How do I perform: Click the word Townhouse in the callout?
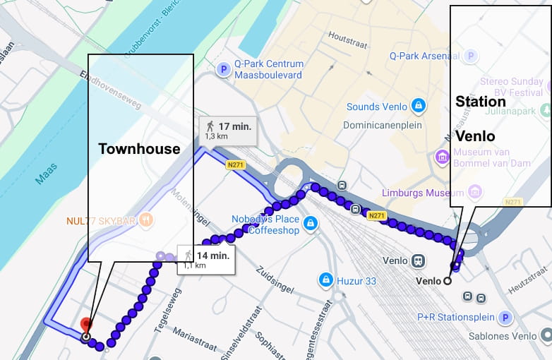(140, 148)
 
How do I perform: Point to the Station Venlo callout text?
(481, 118)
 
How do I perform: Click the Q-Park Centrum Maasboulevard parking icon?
(224, 69)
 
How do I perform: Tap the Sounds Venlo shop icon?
(419, 107)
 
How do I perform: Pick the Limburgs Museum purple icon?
(475, 192)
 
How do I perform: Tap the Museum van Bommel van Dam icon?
(443, 155)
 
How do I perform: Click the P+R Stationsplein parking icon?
(505, 318)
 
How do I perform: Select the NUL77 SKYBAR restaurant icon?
(146, 220)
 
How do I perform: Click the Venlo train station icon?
(419, 260)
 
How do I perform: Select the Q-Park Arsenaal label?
(424, 56)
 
